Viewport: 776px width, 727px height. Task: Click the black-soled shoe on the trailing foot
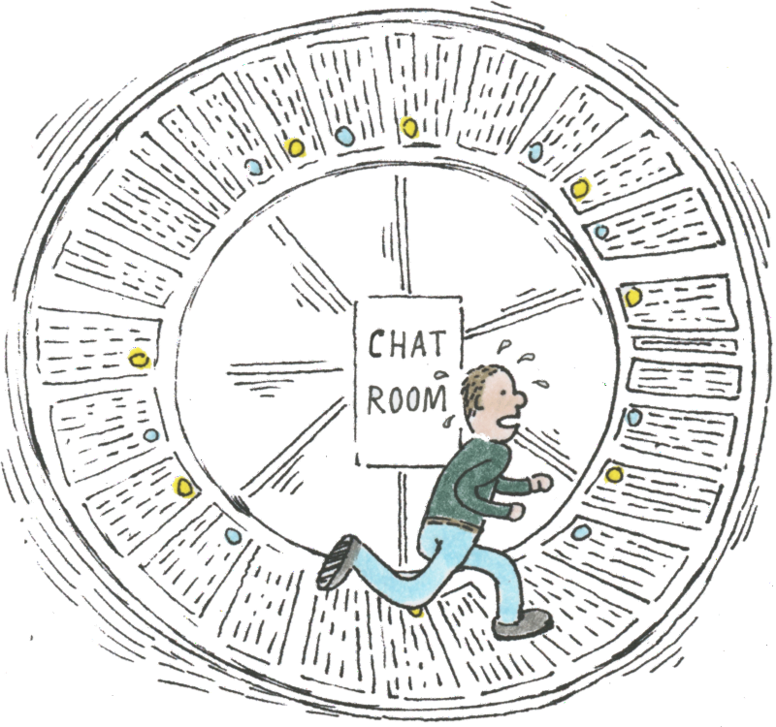(337, 563)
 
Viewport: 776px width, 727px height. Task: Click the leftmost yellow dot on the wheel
(141, 358)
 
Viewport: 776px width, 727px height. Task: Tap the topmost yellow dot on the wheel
(408, 126)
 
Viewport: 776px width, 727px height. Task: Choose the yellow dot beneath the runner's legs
(416, 611)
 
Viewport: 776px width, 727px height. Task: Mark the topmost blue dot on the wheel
(344, 139)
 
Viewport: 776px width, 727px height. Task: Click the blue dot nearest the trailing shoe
(233, 535)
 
